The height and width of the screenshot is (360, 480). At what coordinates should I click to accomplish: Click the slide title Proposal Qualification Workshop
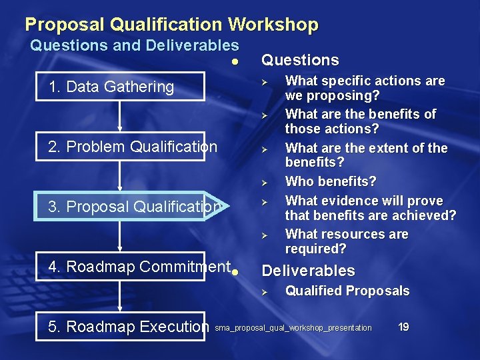tap(171, 25)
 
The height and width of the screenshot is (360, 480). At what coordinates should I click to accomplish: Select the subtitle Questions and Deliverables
tap(135, 46)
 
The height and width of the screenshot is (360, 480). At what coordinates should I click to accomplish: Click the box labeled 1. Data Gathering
tap(111, 87)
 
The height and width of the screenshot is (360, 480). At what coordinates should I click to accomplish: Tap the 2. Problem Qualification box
tap(133, 147)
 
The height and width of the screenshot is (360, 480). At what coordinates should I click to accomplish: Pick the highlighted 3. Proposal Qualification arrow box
tap(134, 207)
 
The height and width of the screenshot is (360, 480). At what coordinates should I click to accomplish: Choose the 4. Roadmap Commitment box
tap(139, 267)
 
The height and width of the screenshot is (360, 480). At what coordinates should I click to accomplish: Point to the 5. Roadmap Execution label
tap(129, 327)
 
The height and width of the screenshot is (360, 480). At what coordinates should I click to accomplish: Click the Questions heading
tap(300, 60)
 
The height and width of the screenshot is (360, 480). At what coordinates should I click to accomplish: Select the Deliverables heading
tap(308, 271)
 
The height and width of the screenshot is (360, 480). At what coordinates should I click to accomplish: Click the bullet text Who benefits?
tap(331, 181)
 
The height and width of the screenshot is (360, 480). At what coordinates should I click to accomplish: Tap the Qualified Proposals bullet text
tap(347, 291)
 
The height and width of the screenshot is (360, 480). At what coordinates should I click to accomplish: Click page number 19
tap(403, 327)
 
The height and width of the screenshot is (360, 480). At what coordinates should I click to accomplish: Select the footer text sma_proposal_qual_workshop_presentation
tap(293, 328)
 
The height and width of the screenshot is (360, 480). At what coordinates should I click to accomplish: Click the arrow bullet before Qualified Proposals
tap(264, 292)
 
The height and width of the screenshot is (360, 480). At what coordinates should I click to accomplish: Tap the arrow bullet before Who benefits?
tap(264, 182)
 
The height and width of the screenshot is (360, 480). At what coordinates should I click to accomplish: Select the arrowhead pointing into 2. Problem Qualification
tap(119, 131)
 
